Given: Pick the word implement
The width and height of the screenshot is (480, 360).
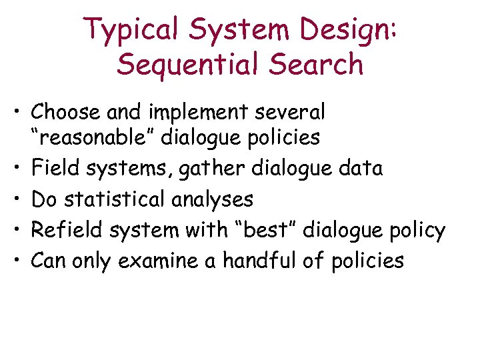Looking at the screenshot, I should click(204, 111).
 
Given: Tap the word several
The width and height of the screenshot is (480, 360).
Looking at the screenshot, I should click(292, 111).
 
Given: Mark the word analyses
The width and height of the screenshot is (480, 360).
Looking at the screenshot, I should click(218, 199).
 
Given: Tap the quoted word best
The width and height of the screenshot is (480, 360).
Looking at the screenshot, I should click(271, 230).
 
